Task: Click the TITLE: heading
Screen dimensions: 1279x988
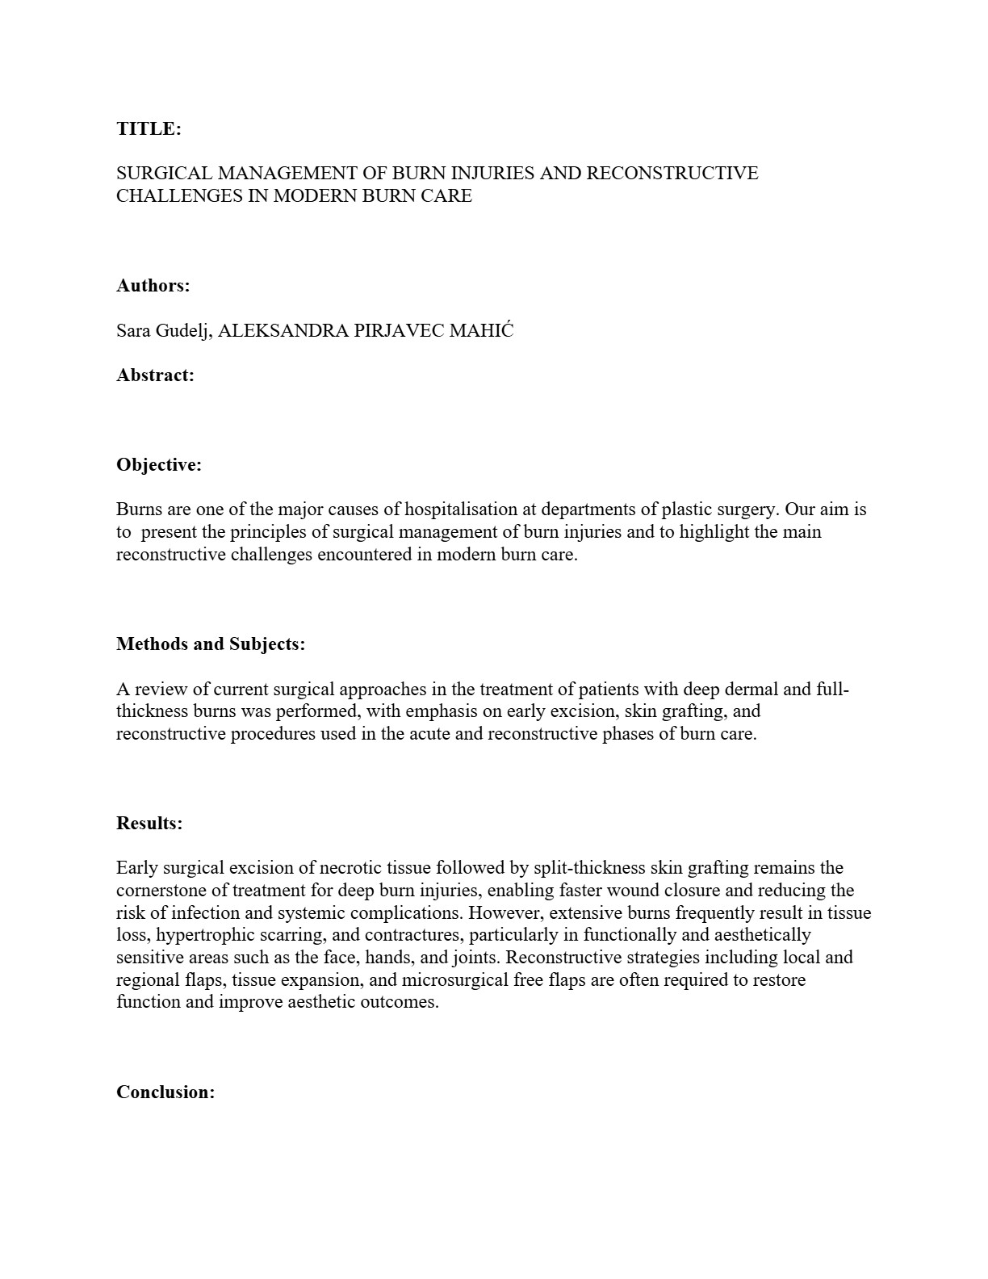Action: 149,128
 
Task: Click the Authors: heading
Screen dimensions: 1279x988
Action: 153,285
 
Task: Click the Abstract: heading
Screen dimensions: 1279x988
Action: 155,375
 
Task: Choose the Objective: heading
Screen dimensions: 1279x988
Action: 158,464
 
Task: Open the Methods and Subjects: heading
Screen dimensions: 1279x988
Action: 211,644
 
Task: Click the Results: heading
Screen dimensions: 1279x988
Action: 149,823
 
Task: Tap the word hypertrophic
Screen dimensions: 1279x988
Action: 203,935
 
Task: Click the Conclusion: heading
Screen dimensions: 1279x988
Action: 165,1092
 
